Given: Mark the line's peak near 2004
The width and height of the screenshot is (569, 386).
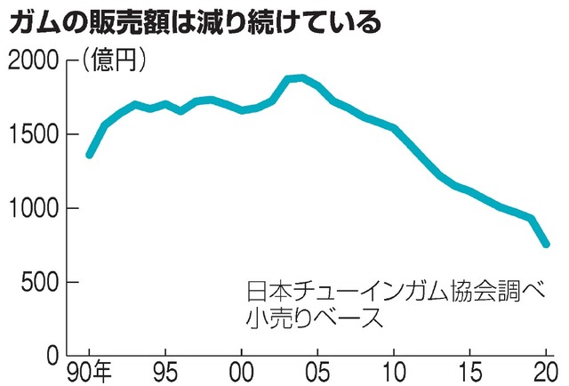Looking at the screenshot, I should [302, 77].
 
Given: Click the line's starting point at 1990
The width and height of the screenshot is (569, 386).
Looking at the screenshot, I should [89, 155].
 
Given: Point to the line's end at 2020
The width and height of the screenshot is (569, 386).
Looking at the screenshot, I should [547, 244].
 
